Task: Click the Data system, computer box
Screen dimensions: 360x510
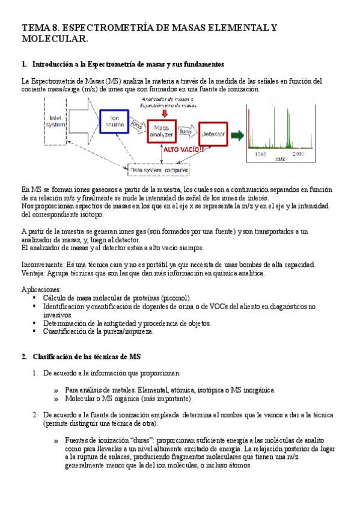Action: point(159,170)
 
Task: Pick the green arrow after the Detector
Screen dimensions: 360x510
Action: point(237,135)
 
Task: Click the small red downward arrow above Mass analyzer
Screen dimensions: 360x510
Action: point(165,113)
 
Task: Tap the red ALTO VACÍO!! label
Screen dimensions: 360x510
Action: point(183,150)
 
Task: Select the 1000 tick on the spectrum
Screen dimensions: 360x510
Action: point(261,154)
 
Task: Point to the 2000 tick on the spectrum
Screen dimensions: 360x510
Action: point(298,154)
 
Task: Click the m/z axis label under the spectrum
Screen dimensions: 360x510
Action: point(280,159)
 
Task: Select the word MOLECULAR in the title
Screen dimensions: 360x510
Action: point(55,38)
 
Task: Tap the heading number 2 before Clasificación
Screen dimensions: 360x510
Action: point(24,357)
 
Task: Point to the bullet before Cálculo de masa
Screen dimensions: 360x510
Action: point(34,297)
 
